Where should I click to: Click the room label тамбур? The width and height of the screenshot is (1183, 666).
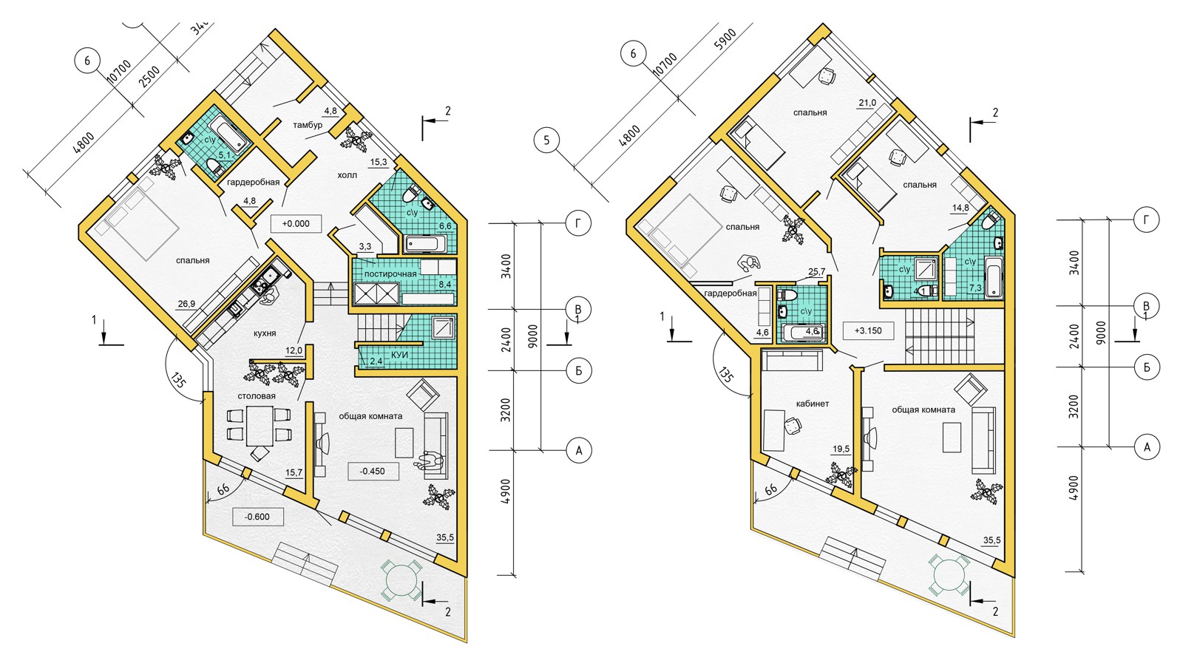[x=308, y=125]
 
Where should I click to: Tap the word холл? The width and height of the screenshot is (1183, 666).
[x=347, y=175]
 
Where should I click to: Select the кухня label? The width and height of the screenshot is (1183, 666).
[x=265, y=333]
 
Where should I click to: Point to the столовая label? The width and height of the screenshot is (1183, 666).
[x=257, y=396]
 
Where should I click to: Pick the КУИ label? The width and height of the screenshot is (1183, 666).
[x=400, y=355]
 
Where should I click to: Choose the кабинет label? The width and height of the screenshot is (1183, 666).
[x=813, y=404]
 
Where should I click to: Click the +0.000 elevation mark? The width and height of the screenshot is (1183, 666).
[x=296, y=224]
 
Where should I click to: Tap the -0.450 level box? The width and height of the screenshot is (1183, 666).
[x=373, y=471]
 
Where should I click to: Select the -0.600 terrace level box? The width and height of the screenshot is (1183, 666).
[x=257, y=517]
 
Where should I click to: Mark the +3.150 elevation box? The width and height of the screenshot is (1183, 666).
[x=869, y=330]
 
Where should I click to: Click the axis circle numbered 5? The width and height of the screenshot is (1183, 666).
[x=546, y=140]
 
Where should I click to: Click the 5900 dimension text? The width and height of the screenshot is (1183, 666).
[x=725, y=40]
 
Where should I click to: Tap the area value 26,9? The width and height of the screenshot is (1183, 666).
[x=186, y=304]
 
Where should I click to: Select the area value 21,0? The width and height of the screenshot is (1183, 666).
[x=867, y=103]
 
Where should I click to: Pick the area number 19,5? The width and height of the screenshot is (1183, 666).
[x=841, y=449]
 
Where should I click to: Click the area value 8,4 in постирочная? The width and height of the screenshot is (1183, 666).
[x=445, y=284]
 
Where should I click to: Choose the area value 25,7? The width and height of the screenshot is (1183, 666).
[x=816, y=272]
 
